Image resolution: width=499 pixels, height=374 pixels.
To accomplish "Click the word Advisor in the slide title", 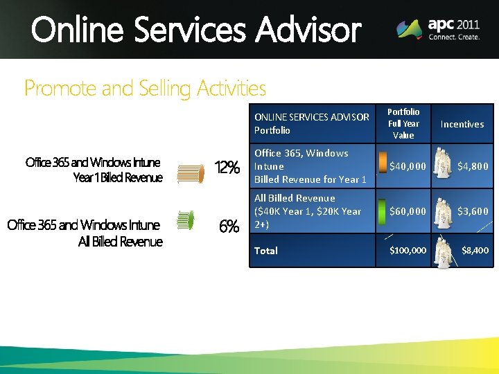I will point(308,30).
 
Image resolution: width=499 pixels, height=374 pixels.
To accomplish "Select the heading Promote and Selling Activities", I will point(145,89).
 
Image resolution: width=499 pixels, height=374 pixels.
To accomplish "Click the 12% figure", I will point(227,168).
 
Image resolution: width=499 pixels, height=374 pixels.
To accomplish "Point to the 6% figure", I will point(229,226).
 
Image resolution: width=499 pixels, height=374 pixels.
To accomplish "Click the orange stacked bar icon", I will point(191,173).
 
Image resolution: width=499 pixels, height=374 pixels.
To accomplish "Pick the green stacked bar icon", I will point(185,220).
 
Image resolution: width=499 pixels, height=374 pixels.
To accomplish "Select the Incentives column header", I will point(462,124).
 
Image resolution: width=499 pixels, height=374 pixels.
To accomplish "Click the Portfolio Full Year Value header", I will point(403,123).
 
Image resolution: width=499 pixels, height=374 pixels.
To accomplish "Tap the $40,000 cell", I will point(408,166).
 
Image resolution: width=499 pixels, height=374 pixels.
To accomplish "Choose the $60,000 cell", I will point(408,211).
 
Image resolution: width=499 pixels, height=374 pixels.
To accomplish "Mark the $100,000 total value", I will point(408,250).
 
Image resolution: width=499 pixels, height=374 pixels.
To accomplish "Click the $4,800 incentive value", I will point(473,166).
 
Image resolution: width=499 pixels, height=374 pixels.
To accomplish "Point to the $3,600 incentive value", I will point(473,211).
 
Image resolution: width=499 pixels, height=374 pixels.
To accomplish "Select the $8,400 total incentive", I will point(475,250).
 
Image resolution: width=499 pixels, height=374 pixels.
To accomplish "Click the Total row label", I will point(266,251).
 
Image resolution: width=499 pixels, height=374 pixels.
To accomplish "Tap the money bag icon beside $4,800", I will point(441,164).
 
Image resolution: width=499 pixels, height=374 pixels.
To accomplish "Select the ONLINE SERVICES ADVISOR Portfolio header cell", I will point(311,124).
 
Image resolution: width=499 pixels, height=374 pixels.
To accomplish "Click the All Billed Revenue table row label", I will point(308,211).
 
